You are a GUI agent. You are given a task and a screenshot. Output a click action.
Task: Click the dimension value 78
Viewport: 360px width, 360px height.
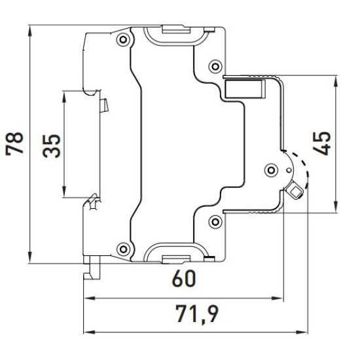coord(14,144)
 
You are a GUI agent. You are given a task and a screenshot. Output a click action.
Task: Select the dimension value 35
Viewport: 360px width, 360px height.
coord(52,146)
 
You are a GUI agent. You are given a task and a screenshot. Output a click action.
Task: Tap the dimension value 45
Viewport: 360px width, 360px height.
coord(322,143)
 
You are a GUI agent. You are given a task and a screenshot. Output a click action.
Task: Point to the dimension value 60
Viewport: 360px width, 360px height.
coord(184,278)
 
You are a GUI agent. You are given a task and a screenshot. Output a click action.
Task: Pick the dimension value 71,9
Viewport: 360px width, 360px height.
coord(197,314)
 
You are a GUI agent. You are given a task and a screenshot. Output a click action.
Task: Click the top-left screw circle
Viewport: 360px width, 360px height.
coord(123,39)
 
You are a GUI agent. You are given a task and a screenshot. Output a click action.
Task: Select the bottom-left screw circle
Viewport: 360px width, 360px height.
coord(123,249)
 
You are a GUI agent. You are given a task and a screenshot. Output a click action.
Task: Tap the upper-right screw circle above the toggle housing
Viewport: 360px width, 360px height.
coord(215,67)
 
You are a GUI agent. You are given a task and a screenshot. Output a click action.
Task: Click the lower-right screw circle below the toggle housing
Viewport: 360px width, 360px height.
coord(215,222)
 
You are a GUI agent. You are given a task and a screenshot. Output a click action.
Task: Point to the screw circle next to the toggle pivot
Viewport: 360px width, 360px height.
coord(271,170)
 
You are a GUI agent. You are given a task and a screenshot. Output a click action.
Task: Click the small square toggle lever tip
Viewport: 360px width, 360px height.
coord(295,191)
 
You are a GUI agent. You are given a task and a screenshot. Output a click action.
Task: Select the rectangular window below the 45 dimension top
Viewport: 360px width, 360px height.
coord(245,89)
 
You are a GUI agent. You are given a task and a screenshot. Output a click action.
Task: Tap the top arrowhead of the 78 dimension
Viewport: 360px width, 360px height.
coord(30,31)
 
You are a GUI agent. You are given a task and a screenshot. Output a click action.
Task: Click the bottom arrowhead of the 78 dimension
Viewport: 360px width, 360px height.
coord(30,258)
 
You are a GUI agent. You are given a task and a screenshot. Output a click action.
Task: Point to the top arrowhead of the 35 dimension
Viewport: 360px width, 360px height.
coord(64,97)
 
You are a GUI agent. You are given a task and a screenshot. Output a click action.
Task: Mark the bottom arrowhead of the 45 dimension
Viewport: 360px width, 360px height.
coord(336,207)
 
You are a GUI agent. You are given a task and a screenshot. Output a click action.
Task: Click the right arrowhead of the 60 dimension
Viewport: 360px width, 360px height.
coord(278,298)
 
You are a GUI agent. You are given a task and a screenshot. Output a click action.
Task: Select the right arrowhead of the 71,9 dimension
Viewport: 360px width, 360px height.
coord(302,332)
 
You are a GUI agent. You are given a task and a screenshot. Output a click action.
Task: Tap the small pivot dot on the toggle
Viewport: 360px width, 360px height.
coord(289,170)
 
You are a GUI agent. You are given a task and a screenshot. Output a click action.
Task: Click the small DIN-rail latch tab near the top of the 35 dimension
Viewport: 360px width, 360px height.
coord(104,105)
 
